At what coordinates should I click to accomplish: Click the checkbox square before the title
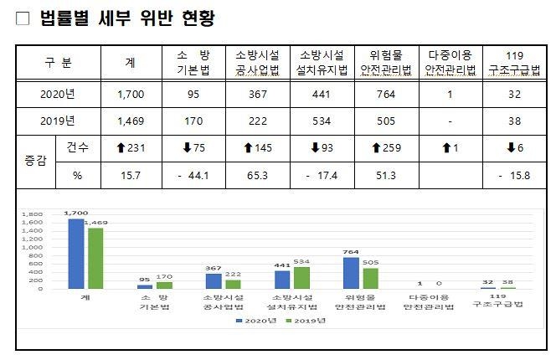coord(23,18)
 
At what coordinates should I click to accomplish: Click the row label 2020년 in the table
coord(58,95)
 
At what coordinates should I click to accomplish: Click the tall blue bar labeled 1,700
coord(75,254)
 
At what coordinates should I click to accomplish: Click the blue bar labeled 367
coord(214,281)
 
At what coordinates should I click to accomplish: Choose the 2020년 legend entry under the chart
coord(253,321)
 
